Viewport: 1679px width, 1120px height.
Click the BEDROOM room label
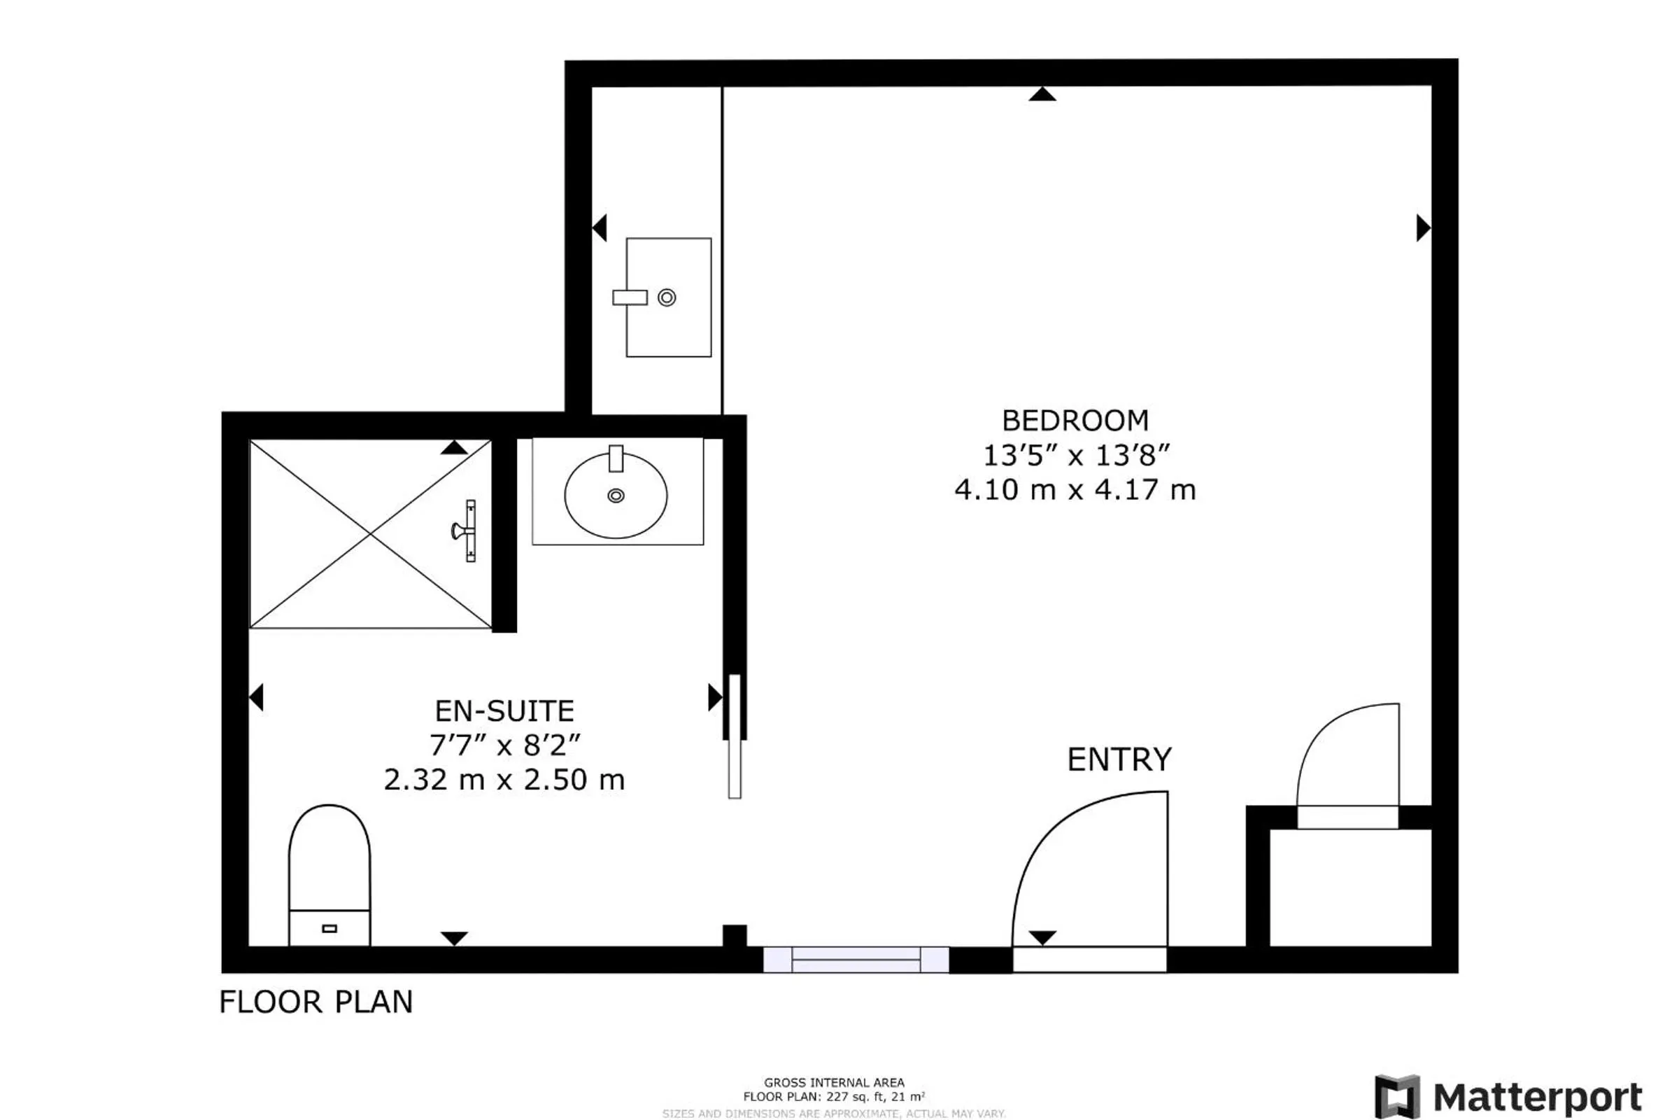coord(1075,421)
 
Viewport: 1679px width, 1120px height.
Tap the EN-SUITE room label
coord(504,711)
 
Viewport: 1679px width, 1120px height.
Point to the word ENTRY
coord(1119,759)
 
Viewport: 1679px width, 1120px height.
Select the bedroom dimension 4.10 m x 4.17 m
coord(1075,490)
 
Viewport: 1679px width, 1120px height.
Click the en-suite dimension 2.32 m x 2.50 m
coord(504,780)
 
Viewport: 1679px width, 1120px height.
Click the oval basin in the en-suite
coord(616,495)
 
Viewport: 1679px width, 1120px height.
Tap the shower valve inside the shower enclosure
coord(465,531)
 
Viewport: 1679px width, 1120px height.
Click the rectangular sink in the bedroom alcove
coord(668,297)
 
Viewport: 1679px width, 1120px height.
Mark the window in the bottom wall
coord(855,960)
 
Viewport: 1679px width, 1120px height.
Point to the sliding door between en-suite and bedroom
coord(735,736)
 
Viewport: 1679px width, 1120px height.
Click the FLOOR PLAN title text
coord(316,1002)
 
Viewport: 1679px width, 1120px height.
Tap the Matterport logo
coord(1508,1095)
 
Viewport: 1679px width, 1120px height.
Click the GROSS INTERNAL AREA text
coord(834,1083)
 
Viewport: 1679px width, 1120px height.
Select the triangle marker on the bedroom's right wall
coord(1423,228)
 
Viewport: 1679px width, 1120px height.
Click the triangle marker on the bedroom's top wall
coord(1042,94)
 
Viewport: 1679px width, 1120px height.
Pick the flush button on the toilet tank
coord(329,929)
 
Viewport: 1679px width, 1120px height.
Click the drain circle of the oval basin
coord(616,495)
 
